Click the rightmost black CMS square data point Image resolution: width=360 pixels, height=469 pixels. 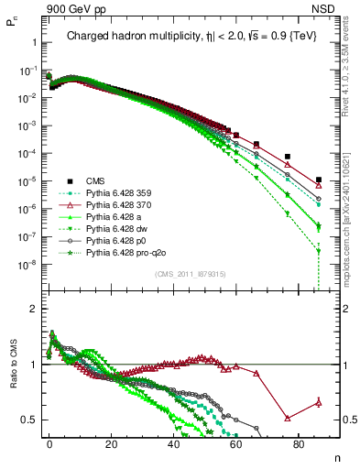(318, 180)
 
